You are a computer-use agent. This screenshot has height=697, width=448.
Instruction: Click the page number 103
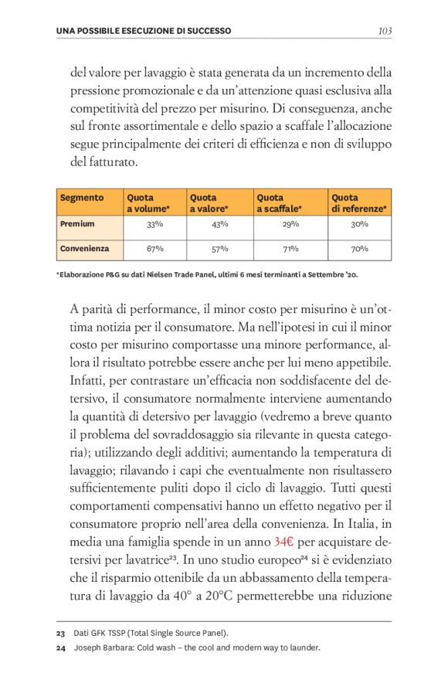385,31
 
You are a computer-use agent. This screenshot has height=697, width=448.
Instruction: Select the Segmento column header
81,198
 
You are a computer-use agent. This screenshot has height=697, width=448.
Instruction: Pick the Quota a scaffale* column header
279,203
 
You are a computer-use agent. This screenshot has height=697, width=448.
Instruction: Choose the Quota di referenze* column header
359,203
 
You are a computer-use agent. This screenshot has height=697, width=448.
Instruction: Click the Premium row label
77,224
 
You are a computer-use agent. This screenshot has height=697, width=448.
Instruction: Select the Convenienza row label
84,249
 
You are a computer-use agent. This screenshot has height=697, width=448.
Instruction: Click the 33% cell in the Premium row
154,225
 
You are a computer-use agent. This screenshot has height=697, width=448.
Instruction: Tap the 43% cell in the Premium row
219,225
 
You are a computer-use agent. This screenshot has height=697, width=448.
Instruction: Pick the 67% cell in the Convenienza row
154,250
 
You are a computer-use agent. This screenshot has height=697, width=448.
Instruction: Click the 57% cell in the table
219,250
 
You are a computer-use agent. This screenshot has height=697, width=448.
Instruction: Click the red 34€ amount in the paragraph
287,540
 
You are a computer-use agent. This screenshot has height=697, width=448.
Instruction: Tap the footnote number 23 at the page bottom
60,633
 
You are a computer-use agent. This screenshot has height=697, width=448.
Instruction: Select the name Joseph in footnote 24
87,648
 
